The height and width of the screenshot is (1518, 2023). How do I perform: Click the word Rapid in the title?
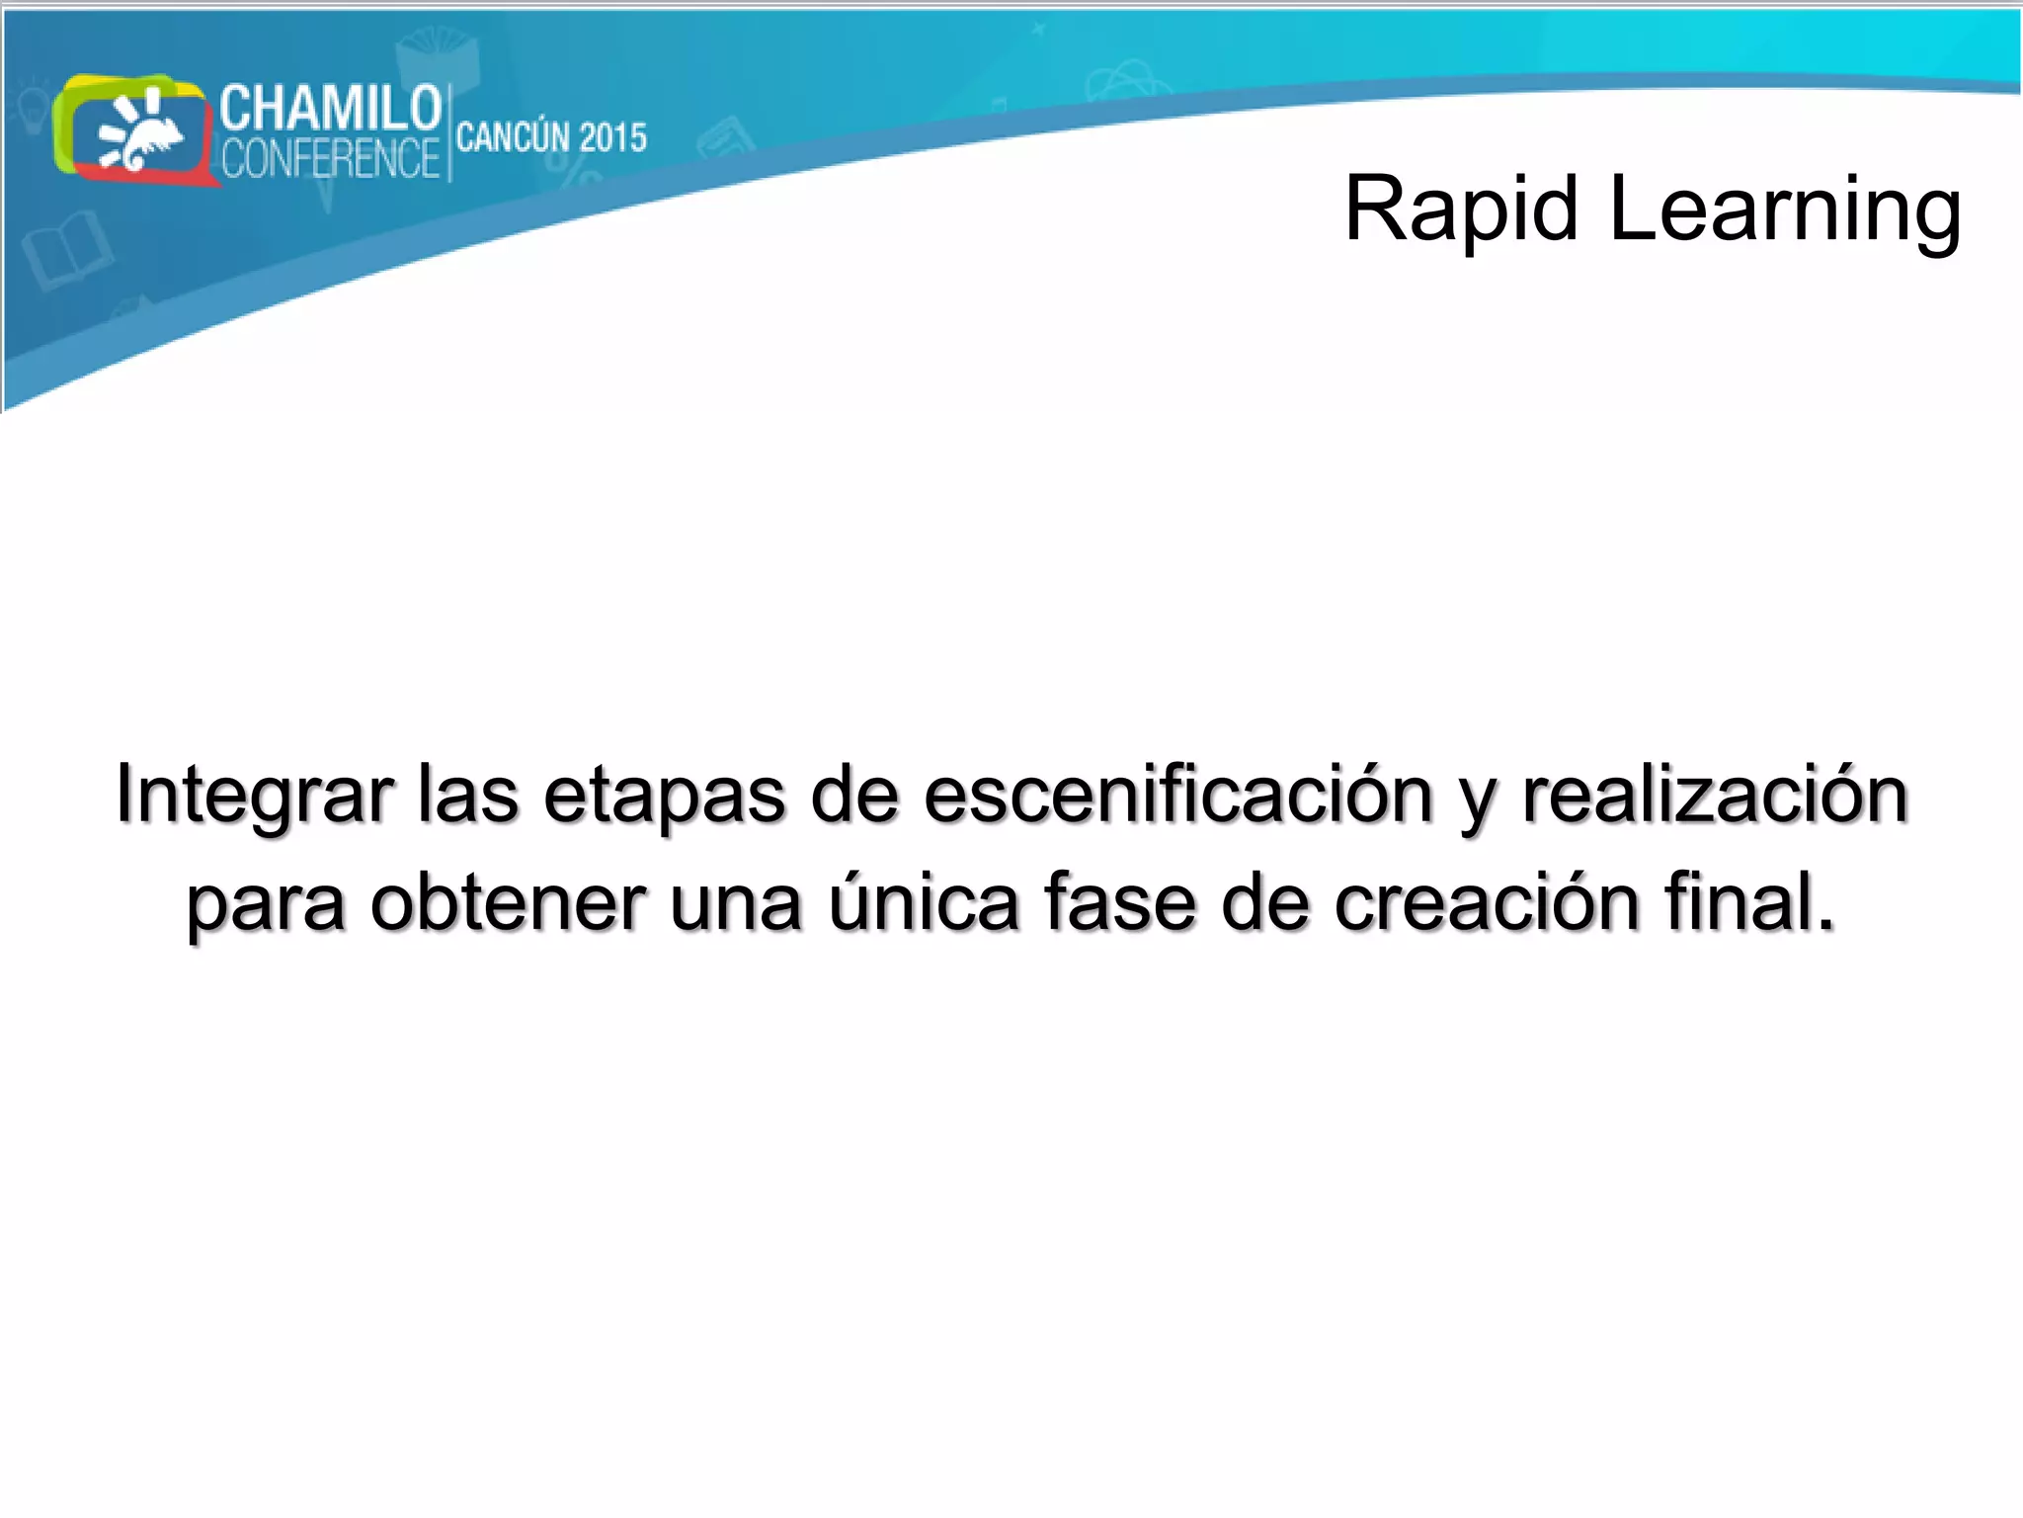[1461, 210]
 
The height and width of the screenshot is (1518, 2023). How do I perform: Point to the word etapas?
[664, 795]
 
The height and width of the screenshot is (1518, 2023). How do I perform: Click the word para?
[266, 903]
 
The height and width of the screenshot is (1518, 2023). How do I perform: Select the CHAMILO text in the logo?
[330, 108]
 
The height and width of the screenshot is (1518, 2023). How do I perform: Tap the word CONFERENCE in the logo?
[330, 158]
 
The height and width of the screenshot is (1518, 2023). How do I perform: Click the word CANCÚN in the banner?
[513, 137]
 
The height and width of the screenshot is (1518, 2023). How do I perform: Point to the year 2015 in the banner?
[612, 137]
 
